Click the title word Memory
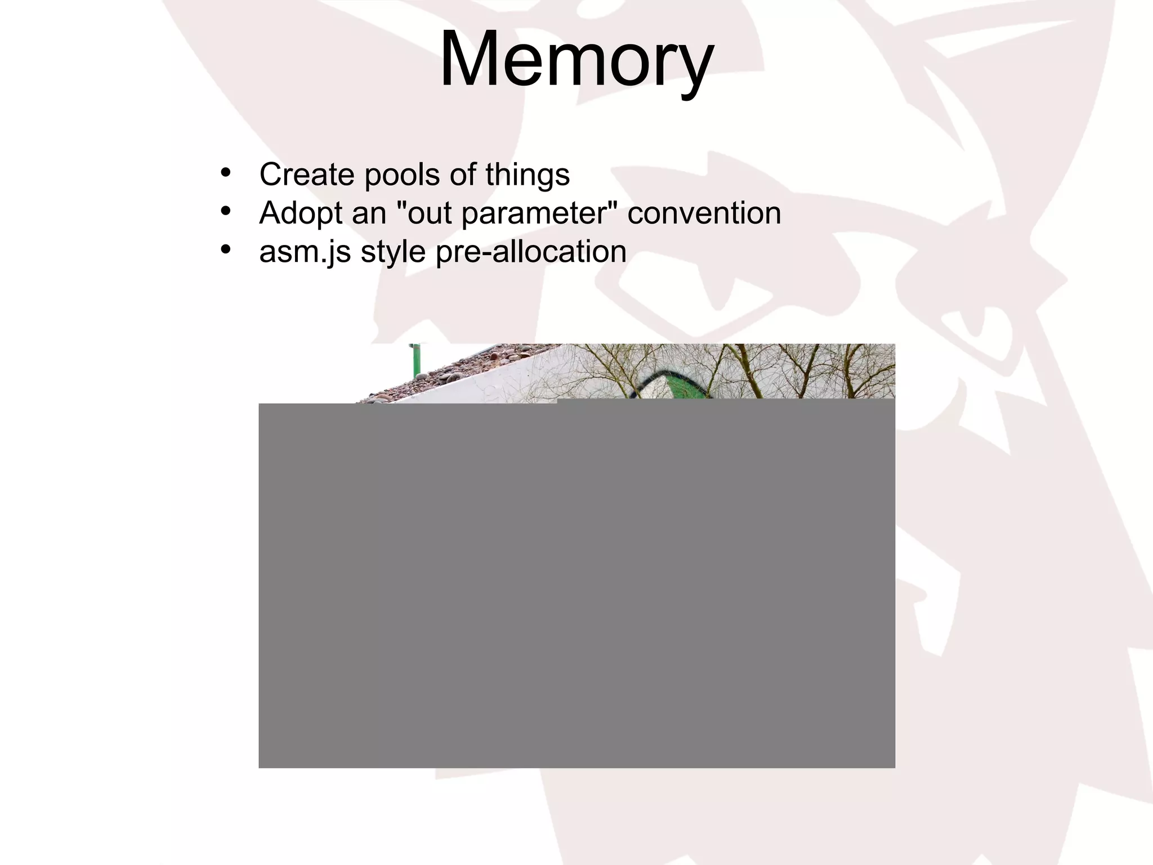576,59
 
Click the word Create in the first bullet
307,175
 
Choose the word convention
704,213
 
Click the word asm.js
305,252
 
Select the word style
393,252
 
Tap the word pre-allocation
530,252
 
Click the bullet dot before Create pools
226,173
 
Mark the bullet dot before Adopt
226,211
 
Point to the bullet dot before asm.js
226,249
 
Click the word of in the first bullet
462,175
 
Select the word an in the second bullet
369,214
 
